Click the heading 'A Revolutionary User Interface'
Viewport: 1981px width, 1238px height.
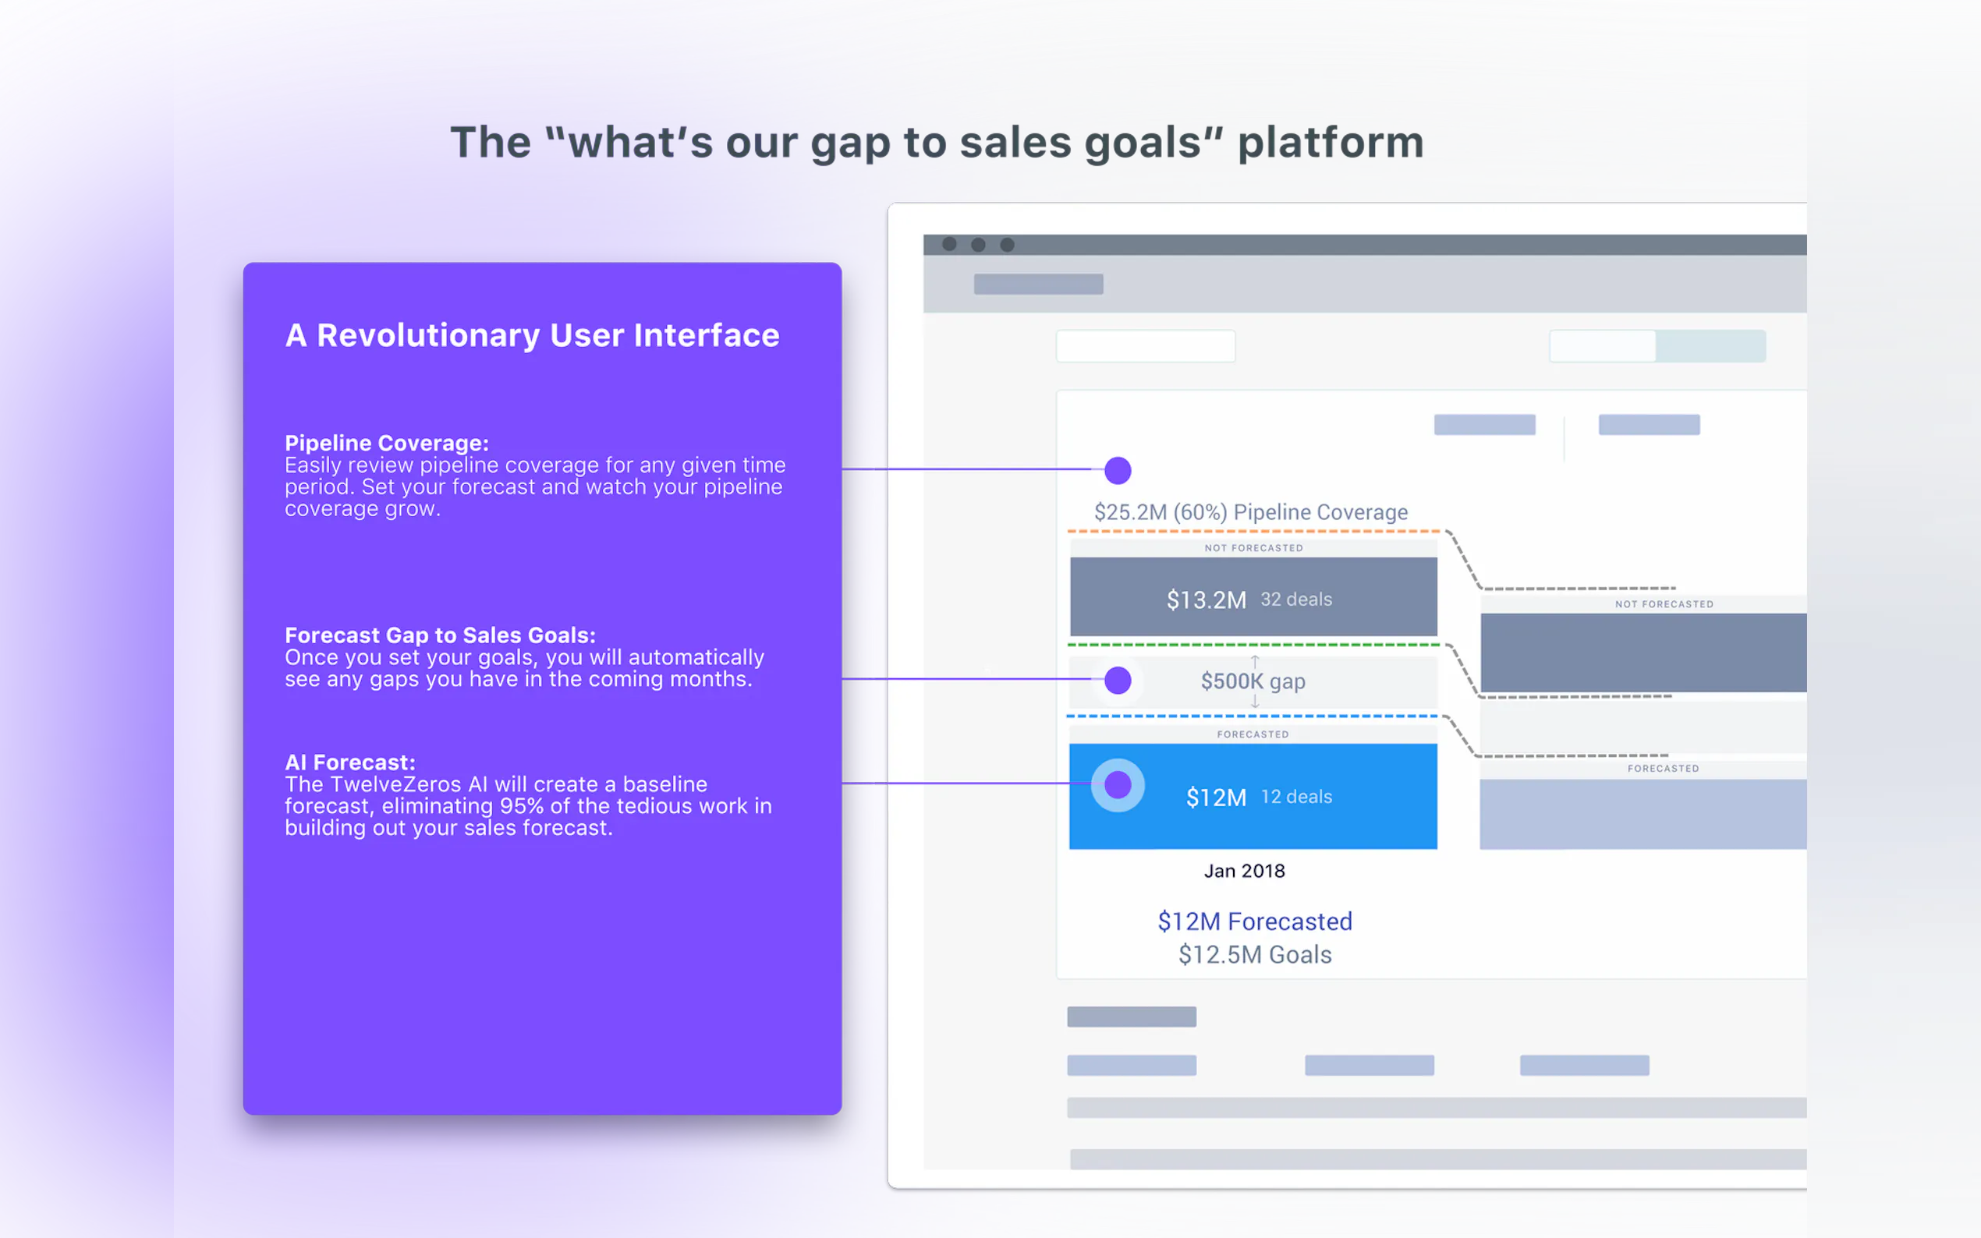click(x=533, y=336)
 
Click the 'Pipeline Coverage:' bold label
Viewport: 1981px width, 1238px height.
click(x=387, y=443)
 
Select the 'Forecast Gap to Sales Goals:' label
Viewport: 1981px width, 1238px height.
click(x=441, y=635)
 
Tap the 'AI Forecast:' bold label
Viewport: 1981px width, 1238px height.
click(x=349, y=762)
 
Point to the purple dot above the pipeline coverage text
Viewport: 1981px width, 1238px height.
click(x=1118, y=470)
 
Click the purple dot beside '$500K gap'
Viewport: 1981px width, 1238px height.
click(x=1118, y=681)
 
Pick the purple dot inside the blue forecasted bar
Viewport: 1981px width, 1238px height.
click(x=1118, y=785)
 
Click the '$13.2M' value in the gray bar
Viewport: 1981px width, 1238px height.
click(x=1207, y=600)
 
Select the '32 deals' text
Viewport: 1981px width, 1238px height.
click(x=1296, y=600)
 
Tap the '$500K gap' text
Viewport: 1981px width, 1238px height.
click(x=1253, y=681)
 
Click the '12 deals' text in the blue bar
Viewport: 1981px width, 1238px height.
click(x=1296, y=797)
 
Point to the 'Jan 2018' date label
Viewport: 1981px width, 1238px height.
click(x=1245, y=871)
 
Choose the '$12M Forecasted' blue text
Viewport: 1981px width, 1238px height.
click(x=1255, y=922)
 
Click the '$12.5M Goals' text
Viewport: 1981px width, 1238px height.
click(x=1255, y=955)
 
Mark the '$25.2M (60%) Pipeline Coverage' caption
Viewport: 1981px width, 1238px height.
click(x=1251, y=512)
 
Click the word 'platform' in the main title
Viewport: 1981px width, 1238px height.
click(x=1331, y=143)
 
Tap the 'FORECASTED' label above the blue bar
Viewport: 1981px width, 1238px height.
click(x=1253, y=734)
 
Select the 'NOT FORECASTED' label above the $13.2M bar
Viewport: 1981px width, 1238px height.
click(x=1254, y=548)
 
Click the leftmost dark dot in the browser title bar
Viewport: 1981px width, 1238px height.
click(x=949, y=244)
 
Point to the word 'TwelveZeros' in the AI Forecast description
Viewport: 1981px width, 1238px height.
click(x=395, y=784)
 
